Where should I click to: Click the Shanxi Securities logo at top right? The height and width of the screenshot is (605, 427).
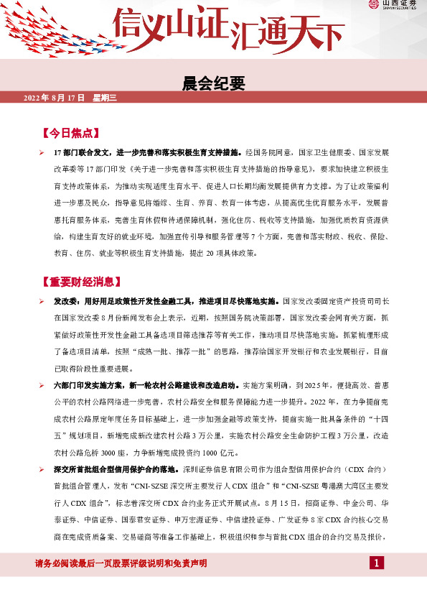[x=394, y=6]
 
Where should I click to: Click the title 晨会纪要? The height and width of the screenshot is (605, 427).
[x=213, y=83]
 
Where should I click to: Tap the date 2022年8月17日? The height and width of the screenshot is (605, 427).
[x=55, y=97]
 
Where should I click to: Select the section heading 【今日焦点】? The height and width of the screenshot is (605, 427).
[x=70, y=134]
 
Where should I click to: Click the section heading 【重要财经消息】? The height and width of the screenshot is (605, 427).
[x=80, y=282]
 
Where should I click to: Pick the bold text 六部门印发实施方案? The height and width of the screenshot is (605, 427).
[x=86, y=386]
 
